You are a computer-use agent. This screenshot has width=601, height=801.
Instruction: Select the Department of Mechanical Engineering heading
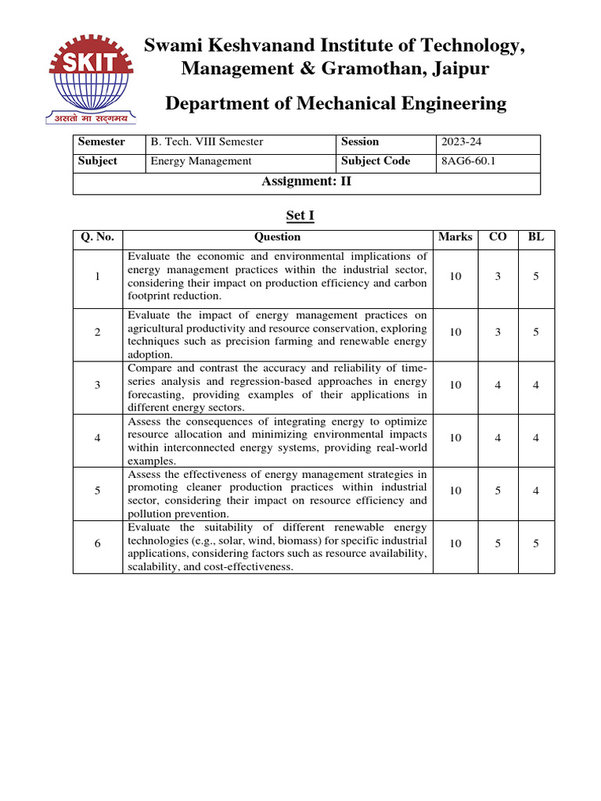click(336, 103)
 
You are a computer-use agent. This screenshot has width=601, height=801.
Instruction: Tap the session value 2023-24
click(457, 142)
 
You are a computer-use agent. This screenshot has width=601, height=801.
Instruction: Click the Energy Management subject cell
click(201, 161)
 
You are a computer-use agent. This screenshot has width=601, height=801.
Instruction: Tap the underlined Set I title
click(300, 215)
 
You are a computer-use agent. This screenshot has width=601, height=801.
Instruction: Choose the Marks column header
click(455, 237)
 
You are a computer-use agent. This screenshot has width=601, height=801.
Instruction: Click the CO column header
click(498, 237)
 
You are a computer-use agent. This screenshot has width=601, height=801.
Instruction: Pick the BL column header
click(536, 237)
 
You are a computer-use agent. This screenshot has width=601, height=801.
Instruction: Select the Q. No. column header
click(97, 237)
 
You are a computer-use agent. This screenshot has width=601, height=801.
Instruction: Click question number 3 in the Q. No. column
click(97, 385)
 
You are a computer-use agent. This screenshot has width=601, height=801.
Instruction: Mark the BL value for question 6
click(536, 544)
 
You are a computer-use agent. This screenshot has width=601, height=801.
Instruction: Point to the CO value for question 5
click(498, 490)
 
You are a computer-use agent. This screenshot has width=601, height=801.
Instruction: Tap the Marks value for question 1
click(455, 276)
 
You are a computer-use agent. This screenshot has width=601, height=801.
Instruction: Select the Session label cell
click(360, 142)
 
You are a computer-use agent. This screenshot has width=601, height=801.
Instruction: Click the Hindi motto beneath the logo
click(88, 118)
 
